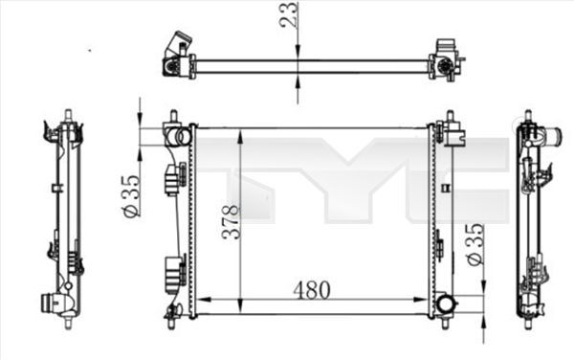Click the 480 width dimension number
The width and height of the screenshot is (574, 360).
click(x=313, y=288)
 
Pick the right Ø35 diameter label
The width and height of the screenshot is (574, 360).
click(x=474, y=246)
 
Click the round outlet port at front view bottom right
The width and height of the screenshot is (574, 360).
click(x=446, y=305)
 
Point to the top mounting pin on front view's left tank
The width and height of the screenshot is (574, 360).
click(x=173, y=119)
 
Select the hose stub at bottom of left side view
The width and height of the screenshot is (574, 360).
click(x=49, y=303)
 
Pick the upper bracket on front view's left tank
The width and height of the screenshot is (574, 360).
click(x=174, y=179)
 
